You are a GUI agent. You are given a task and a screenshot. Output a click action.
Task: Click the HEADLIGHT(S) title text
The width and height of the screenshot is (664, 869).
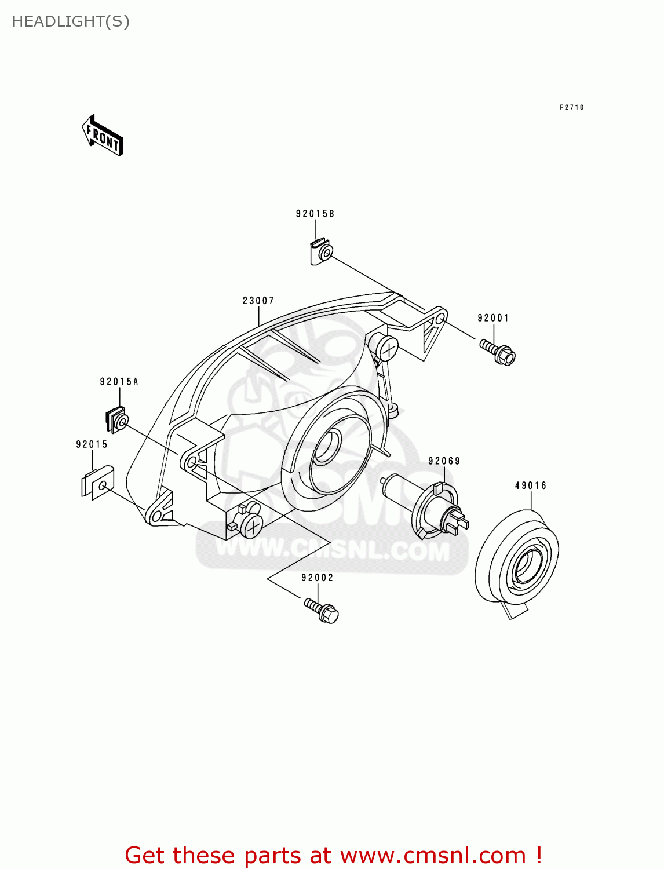(71, 21)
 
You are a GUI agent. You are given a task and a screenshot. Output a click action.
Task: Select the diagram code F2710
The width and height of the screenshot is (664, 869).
(571, 108)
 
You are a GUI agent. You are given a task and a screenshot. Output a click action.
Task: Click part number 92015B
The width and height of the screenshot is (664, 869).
(315, 214)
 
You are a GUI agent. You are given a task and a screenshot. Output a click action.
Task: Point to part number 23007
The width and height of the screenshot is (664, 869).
(258, 301)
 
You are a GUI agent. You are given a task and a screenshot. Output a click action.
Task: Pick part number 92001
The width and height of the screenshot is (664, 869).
(493, 318)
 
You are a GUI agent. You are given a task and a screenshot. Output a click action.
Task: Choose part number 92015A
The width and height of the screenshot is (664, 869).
(119, 382)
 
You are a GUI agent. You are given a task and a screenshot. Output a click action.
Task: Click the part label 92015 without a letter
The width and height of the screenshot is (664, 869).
(92, 444)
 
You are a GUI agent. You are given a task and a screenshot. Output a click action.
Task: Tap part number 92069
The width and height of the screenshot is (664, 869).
(444, 461)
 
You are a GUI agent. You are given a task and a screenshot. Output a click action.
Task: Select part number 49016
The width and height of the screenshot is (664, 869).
(531, 485)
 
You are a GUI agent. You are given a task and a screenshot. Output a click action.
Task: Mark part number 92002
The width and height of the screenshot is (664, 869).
(318, 578)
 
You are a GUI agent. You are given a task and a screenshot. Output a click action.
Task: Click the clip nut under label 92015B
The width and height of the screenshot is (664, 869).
(320, 253)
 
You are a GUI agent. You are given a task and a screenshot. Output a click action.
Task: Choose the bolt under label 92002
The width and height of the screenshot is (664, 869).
(322, 611)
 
